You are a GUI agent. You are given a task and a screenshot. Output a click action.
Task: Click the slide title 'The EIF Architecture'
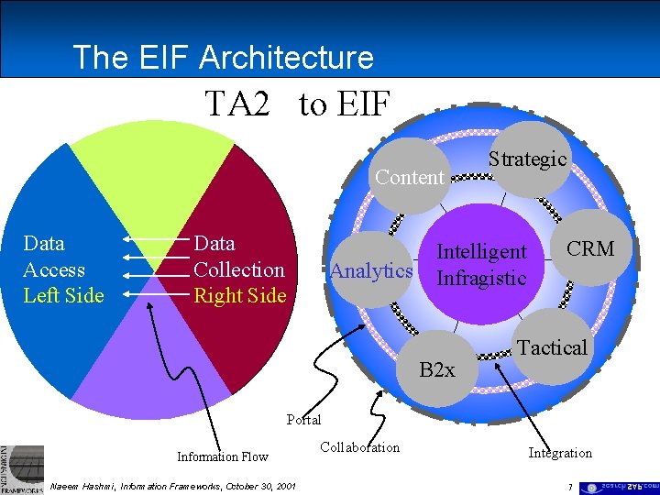click(x=223, y=57)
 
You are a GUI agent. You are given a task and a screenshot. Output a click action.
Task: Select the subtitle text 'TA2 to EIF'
click(x=298, y=104)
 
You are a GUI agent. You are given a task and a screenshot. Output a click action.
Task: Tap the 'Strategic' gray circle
click(x=527, y=159)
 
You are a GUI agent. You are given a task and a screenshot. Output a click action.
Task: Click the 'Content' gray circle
click(x=410, y=177)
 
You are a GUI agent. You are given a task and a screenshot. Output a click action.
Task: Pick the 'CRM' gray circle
click(x=589, y=248)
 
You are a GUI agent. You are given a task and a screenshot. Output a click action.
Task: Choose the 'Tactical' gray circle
click(x=551, y=346)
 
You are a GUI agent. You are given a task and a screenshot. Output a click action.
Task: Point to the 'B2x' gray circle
click(x=437, y=369)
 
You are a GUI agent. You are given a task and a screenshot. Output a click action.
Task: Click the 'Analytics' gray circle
click(x=371, y=270)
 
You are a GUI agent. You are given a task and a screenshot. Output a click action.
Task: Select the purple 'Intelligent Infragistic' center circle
click(x=481, y=264)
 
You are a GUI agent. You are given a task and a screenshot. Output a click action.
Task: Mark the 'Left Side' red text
click(x=63, y=295)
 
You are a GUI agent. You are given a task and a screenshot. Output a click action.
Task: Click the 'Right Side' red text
click(x=239, y=295)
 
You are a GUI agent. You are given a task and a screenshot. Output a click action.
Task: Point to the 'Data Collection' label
click(x=239, y=257)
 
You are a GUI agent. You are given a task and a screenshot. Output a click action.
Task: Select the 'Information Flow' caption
click(x=223, y=456)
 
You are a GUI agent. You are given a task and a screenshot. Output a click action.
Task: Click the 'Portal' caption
click(x=303, y=420)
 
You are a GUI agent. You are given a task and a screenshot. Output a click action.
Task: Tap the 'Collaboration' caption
click(x=359, y=447)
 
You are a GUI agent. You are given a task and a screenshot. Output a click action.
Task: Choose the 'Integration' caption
click(x=559, y=453)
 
